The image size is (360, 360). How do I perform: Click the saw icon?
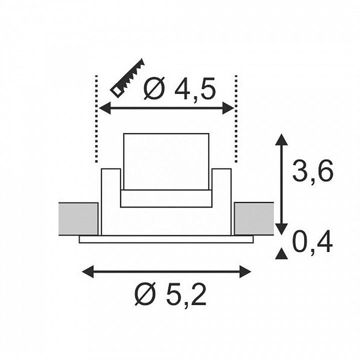128,78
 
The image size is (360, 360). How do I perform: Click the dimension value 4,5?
195,89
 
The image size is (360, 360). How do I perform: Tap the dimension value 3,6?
312,171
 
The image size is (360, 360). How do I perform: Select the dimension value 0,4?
312,242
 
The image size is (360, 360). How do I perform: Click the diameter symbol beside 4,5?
154,88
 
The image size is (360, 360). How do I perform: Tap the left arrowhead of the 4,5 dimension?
105,108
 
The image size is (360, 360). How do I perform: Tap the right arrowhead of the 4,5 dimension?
228,108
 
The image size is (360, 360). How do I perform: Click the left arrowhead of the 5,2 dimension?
88,271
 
